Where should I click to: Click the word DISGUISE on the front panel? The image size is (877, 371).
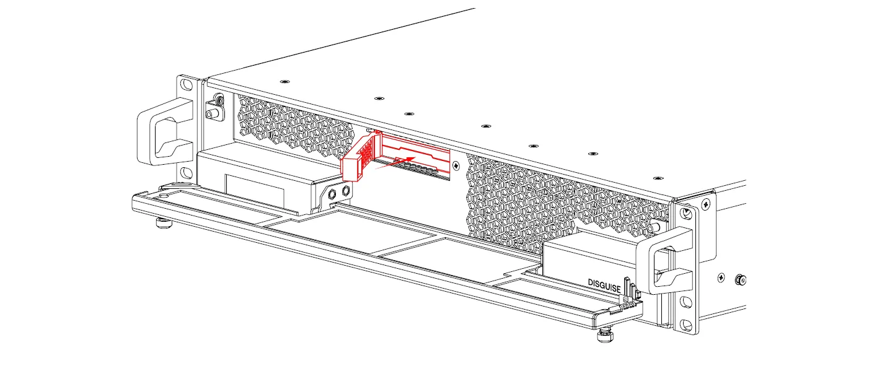pos(604,282)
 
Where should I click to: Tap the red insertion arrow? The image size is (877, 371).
pos(397,162)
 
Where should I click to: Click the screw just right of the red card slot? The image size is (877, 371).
pos(456,165)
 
